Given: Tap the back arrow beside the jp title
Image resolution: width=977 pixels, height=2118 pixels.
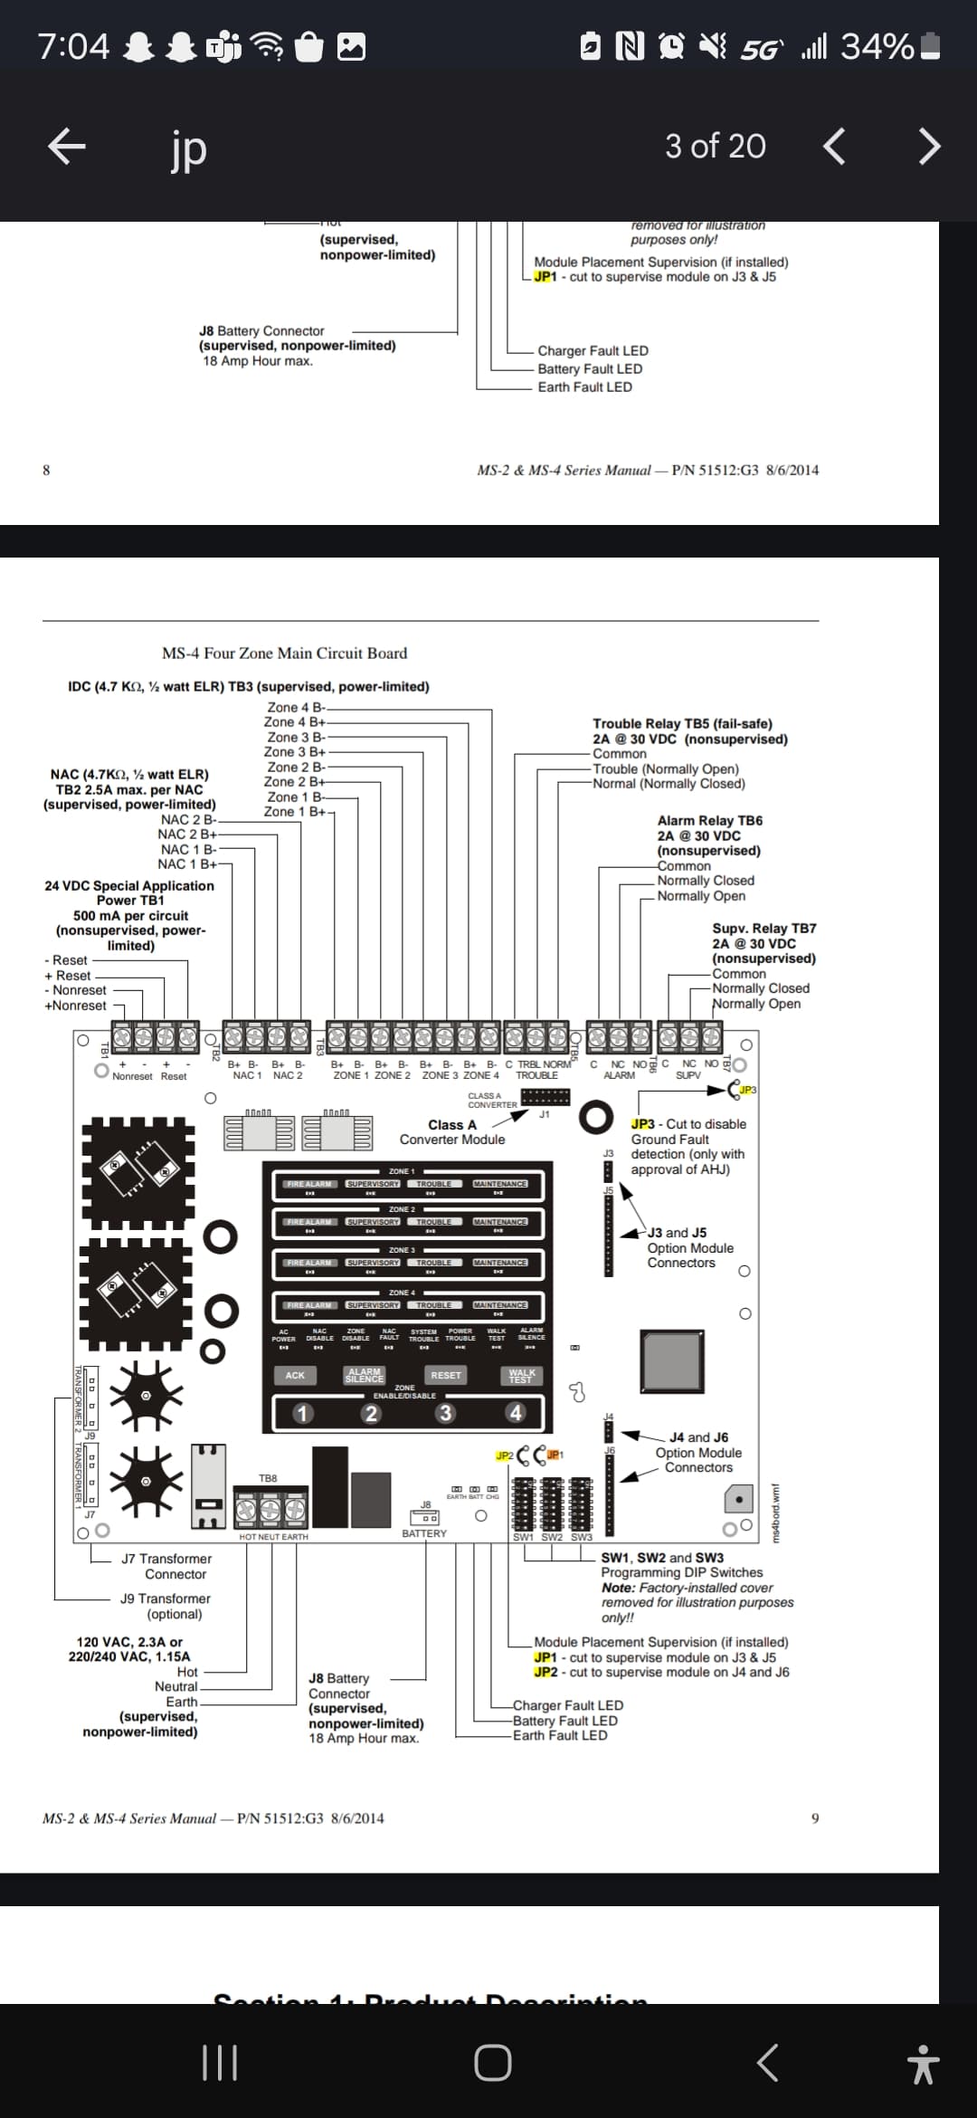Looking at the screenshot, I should [x=66, y=146].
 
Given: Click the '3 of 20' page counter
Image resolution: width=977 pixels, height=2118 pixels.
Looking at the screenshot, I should [x=715, y=146].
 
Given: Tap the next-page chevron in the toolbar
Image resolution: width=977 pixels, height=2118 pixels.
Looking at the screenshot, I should [x=929, y=146].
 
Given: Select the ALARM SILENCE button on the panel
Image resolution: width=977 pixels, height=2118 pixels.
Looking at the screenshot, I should [x=365, y=1375].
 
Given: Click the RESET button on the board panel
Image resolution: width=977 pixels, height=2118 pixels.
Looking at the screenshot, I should [x=445, y=1375].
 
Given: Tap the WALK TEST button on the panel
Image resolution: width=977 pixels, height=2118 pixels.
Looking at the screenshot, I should [x=522, y=1375].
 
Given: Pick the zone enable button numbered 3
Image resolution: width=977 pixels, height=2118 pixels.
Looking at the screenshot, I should [x=444, y=1413].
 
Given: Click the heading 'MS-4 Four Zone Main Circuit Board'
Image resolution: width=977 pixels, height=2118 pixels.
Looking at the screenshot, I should [x=284, y=653].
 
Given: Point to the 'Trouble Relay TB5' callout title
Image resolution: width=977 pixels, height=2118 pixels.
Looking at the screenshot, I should [x=682, y=723].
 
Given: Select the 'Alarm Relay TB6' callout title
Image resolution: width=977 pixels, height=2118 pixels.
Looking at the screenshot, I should [x=709, y=820].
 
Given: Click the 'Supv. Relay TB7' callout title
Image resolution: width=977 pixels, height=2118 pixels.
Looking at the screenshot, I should [x=764, y=928].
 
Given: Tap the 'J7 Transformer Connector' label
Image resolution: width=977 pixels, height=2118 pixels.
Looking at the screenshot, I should [x=166, y=1566].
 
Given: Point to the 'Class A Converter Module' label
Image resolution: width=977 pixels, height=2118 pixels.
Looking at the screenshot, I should [x=452, y=1131].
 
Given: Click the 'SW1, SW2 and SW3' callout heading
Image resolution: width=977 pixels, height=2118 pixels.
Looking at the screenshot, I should [x=662, y=1558].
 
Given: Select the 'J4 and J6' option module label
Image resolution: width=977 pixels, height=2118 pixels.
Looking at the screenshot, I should [x=698, y=1437].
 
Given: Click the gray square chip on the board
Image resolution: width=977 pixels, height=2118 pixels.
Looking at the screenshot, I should [x=671, y=1360].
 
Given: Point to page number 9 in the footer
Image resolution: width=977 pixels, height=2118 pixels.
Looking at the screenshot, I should [x=815, y=1817].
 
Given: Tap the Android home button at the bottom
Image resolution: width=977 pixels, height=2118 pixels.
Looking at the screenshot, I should [x=492, y=2062].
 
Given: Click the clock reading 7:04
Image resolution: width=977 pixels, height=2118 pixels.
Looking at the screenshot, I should [x=73, y=45].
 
